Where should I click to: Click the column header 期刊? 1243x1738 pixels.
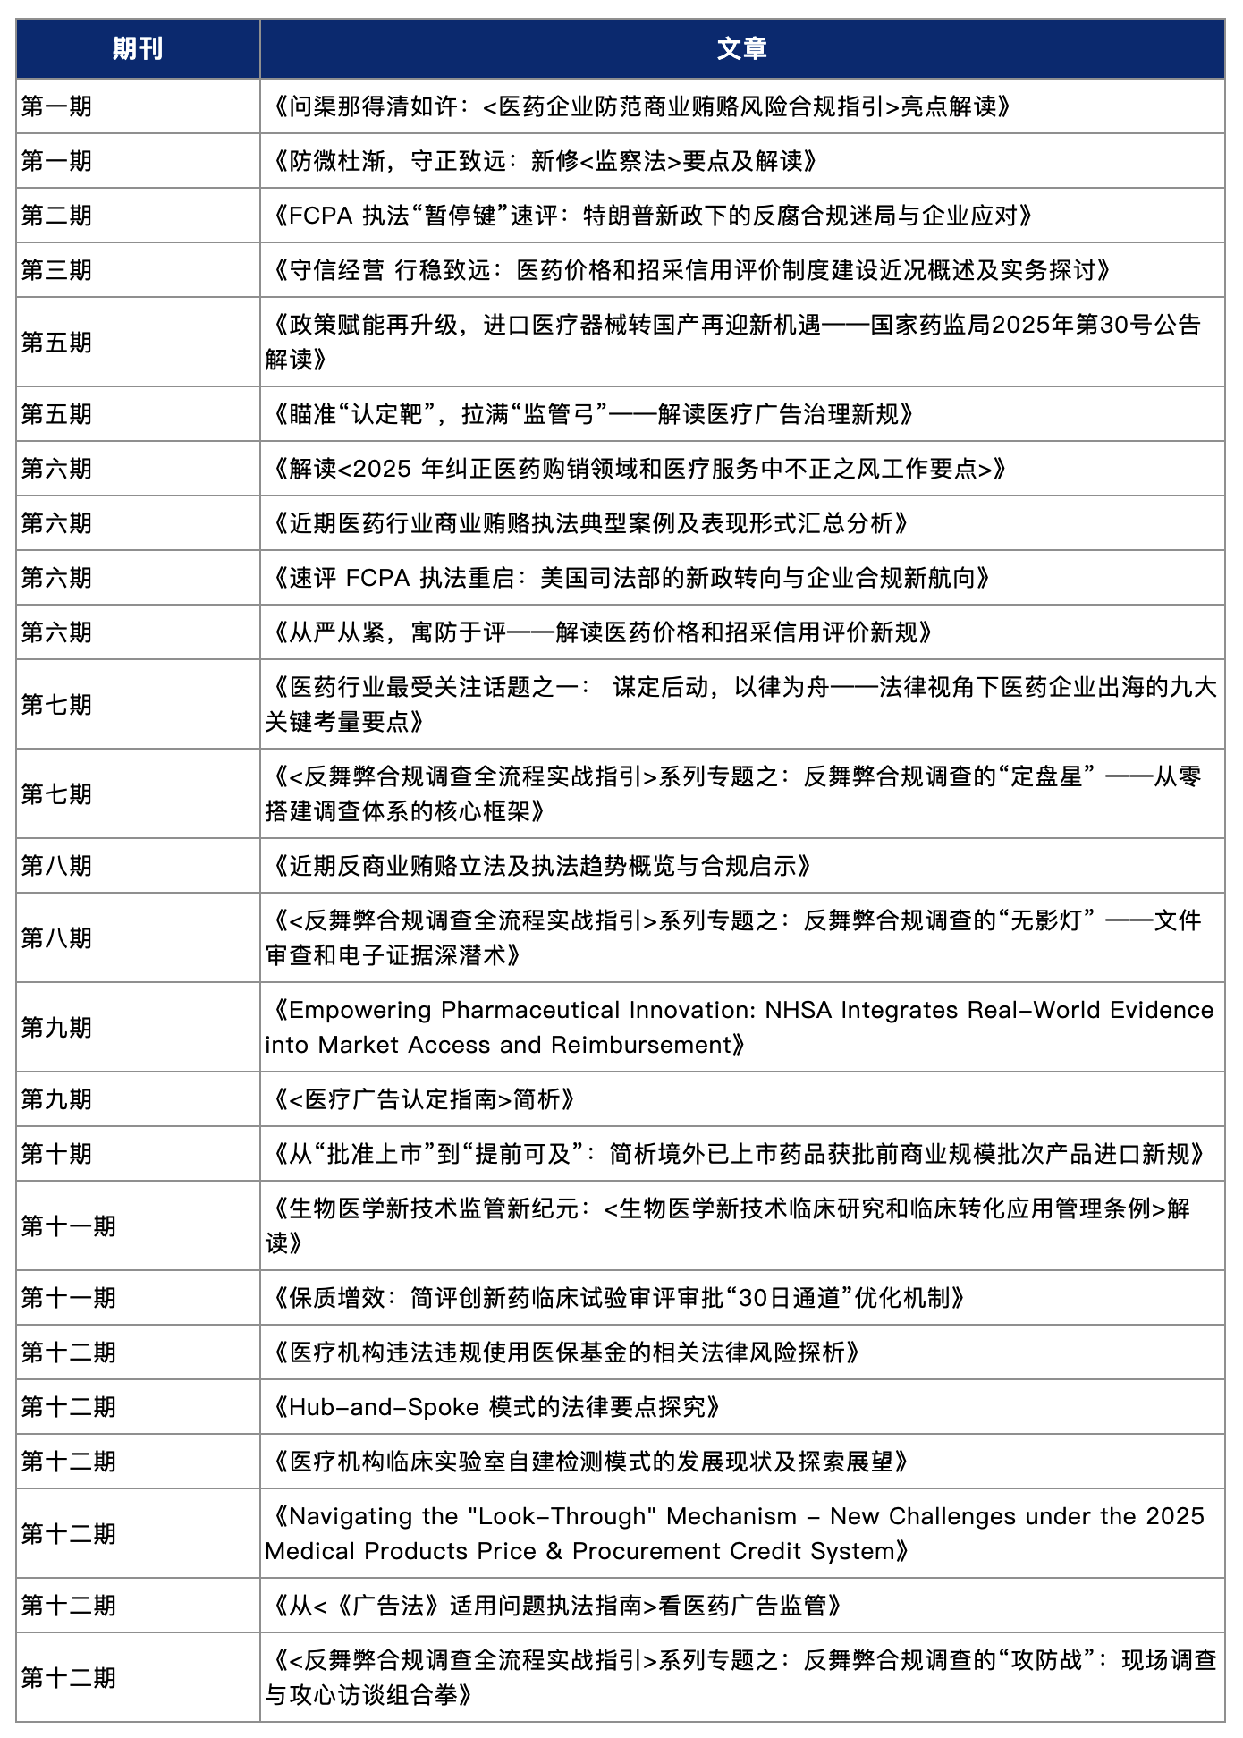click(x=138, y=48)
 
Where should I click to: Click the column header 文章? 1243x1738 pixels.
click(x=741, y=48)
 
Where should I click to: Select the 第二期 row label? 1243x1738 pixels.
click(x=56, y=216)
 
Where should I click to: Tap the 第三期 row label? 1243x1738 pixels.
click(x=56, y=270)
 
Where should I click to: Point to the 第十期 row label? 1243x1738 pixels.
click(x=56, y=1154)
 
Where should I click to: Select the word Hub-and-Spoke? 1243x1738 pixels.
click(x=384, y=1407)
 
